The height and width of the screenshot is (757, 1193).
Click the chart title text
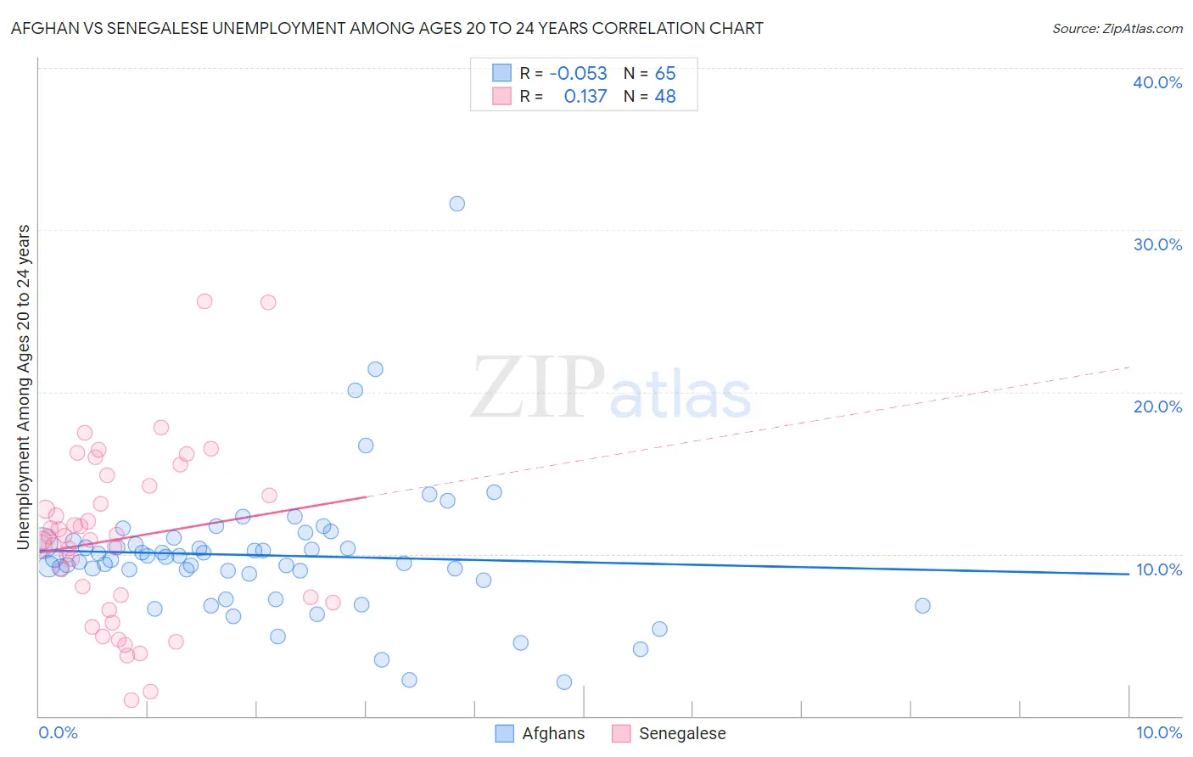point(387,28)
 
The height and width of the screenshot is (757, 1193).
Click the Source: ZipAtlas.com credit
point(1117,28)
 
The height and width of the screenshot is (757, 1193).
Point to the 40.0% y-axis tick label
point(1157,82)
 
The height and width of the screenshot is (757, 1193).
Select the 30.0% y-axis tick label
point(1157,244)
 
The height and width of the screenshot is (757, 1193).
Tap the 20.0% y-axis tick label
point(1157,407)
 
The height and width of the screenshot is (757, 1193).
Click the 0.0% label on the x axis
point(58,732)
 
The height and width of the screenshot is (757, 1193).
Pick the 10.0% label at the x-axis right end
point(1158,732)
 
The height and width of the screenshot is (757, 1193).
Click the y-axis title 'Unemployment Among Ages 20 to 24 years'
point(24,386)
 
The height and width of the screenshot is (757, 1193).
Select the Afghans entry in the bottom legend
point(552,733)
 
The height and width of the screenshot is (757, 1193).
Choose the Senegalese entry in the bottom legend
point(681,733)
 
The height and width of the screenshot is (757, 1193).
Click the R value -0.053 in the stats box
point(578,74)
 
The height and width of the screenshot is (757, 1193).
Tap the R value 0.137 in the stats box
point(585,97)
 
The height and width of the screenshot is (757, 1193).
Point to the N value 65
point(665,74)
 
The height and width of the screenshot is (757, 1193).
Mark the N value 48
point(665,97)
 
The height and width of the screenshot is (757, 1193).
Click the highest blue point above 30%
point(456,204)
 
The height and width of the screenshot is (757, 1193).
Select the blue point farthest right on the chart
point(922,606)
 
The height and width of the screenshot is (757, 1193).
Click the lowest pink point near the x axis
point(132,700)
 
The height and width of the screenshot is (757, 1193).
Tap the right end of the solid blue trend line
point(1129,575)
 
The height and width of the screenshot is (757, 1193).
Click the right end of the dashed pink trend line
point(1130,367)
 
